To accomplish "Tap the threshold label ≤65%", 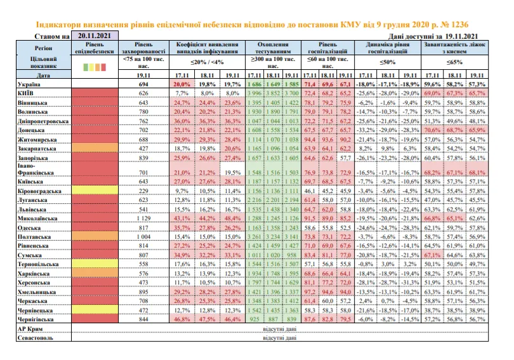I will click(456, 62).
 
